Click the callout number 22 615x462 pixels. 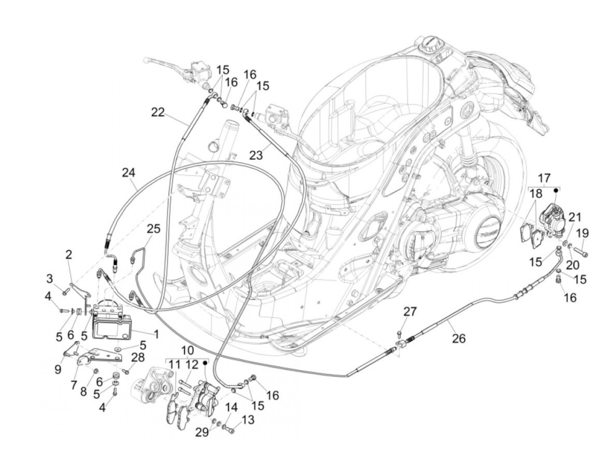pyautogui.click(x=158, y=112)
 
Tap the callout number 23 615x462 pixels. pyautogui.click(x=256, y=155)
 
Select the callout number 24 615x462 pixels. pyautogui.click(x=129, y=173)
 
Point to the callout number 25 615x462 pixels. pyautogui.click(x=154, y=229)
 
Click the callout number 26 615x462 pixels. pyautogui.click(x=458, y=339)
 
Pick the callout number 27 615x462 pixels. pyautogui.click(x=410, y=312)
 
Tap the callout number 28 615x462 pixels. pyautogui.click(x=138, y=357)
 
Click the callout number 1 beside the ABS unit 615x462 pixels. pyautogui.click(x=156, y=334)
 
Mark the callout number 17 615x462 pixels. pyautogui.click(x=544, y=178)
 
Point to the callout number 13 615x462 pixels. pyautogui.click(x=248, y=420)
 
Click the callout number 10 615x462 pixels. pyautogui.click(x=187, y=350)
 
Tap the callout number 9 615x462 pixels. pyautogui.click(x=58, y=370)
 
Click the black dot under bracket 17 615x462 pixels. pyautogui.click(x=556, y=190)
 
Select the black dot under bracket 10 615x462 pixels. pyautogui.click(x=206, y=363)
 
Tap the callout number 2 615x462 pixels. pyautogui.click(x=69, y=255)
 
